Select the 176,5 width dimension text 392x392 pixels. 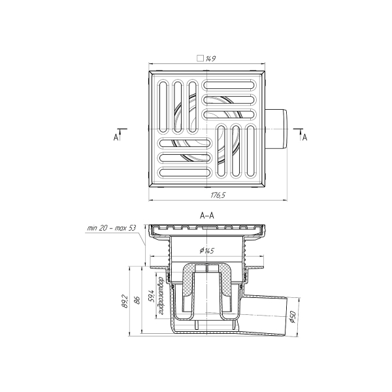(x=218, y=195)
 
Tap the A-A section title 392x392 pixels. (x=207, y=215)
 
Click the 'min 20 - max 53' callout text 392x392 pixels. (x=112, y=228)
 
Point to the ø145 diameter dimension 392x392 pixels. (x=207, y=250)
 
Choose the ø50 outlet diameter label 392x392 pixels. (x=292, y=317)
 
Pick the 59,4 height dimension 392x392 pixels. (x=150, y=296)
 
